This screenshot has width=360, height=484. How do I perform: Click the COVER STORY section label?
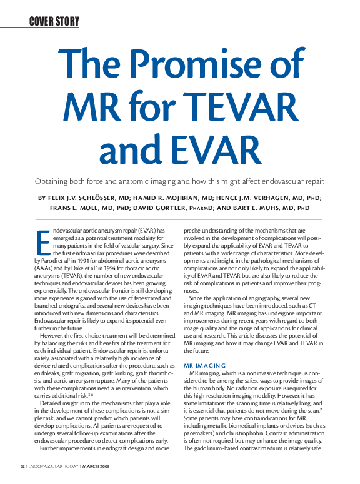(54, 23)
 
